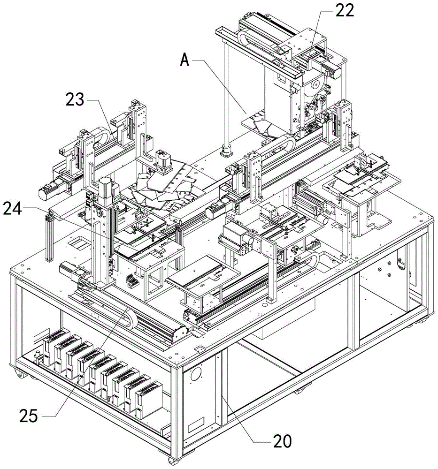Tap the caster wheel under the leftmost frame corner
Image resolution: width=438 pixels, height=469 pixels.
19,375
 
